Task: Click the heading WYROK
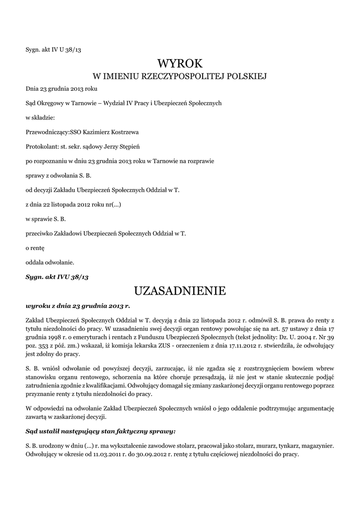click(180, 63)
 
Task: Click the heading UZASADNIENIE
click(180, 290)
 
